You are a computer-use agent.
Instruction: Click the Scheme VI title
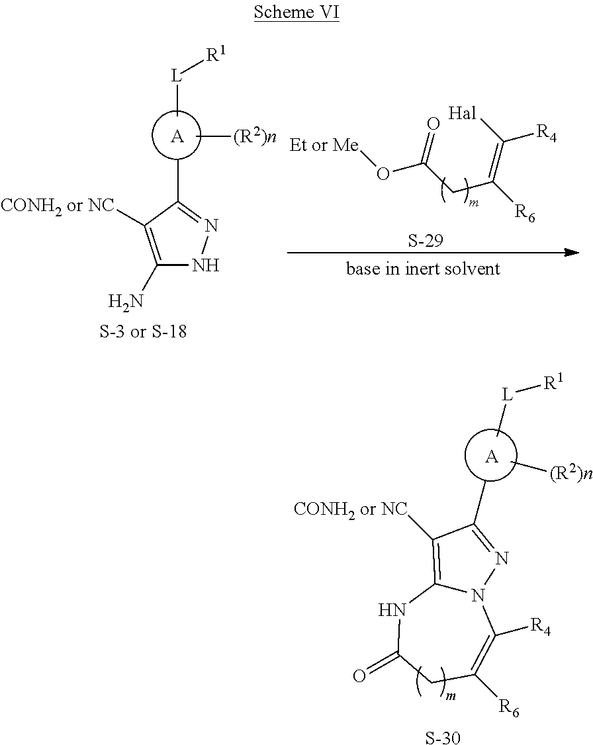coord(296,13)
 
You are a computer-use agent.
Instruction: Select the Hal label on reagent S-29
coord(463,113)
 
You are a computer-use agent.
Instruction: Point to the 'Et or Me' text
coord(324,146)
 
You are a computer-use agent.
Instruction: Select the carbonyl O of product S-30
coord(359,676)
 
